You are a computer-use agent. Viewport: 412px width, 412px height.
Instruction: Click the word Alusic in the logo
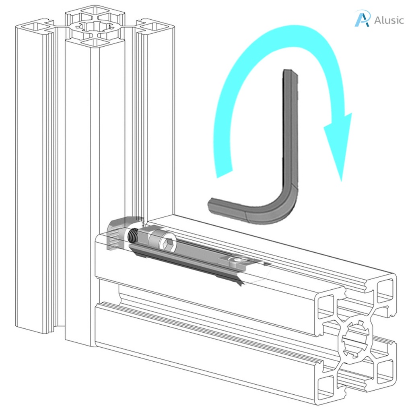389,20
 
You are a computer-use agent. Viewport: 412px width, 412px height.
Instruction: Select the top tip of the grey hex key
290,73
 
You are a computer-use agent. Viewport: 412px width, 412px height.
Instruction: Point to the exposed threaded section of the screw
133,236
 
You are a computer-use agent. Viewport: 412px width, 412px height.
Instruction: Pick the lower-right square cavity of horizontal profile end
386,370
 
